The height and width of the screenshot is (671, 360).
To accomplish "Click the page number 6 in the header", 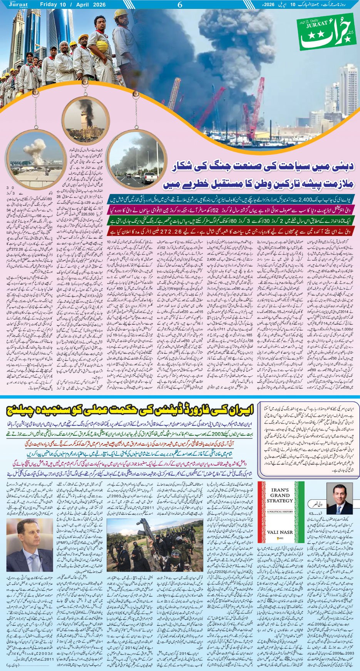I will tap(179, 5).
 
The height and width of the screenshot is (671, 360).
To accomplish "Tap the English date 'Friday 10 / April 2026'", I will tap(72, 5).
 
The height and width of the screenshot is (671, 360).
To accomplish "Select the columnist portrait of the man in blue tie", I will tap(340, 499).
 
